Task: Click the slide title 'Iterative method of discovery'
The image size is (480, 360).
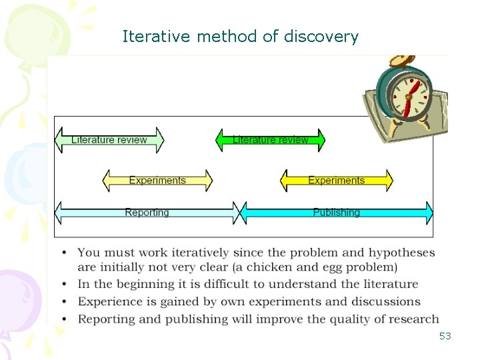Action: (240, 37)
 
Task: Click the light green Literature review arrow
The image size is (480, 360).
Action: (109, 140)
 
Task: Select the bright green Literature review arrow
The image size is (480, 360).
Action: (270, 140)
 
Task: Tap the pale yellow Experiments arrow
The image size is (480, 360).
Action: (157, 181)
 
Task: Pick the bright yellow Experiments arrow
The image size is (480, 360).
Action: (336, 181)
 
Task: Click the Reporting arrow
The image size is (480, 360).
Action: (147, 213)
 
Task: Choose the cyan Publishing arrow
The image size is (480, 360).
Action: (336, 213)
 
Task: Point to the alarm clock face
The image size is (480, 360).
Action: (407, 94)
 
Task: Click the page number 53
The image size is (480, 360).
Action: (445, 336)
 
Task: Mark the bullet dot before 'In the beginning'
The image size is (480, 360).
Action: (64, 285)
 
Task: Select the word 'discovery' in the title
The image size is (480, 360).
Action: (321, 37)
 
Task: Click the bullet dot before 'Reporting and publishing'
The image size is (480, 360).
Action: (64, 319)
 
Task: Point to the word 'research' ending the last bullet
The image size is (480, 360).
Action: (415, 319)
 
